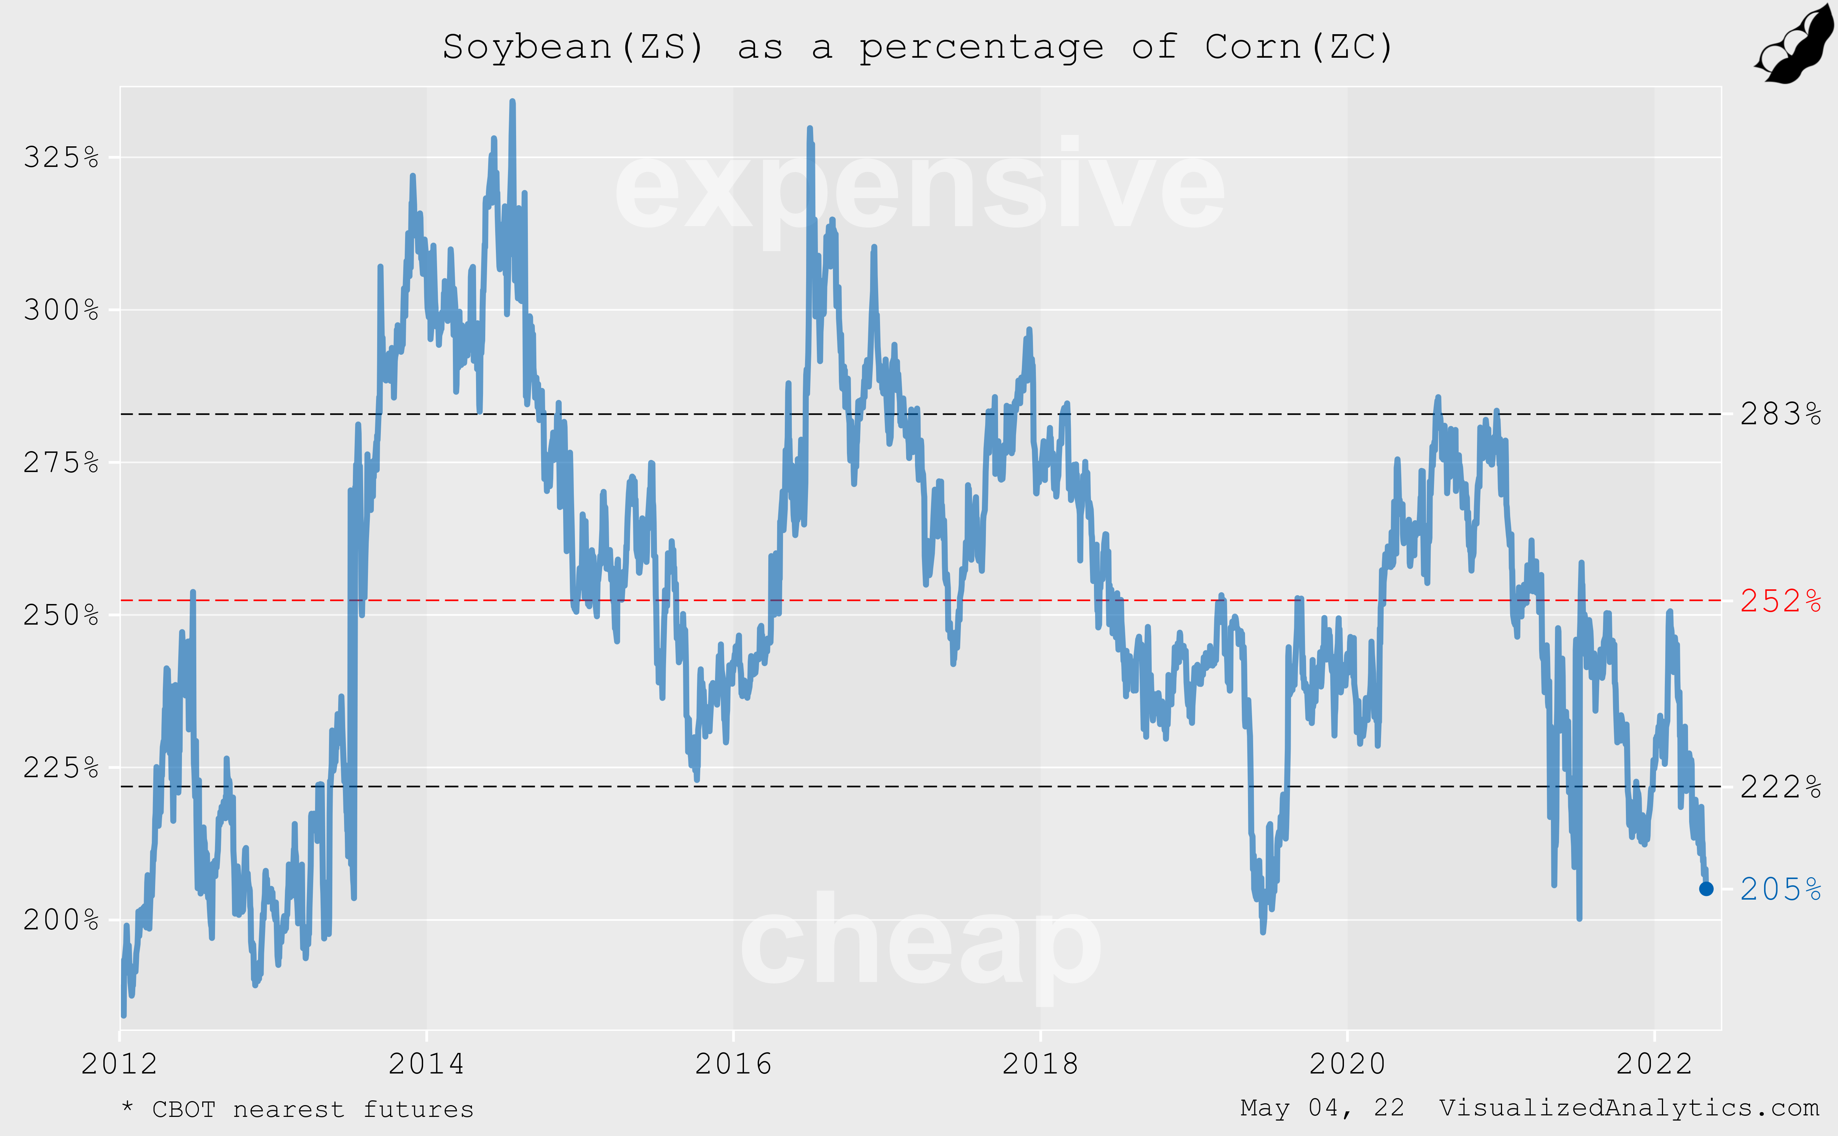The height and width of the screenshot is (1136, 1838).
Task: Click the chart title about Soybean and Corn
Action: point(918,47)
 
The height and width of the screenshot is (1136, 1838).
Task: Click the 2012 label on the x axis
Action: point(119,1064)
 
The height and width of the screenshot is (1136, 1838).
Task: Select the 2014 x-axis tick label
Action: point(426,1064)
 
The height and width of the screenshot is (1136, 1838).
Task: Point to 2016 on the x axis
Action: point(733,1064)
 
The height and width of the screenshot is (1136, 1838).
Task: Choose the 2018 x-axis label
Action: point(1040,1064)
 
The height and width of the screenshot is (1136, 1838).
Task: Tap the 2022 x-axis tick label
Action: point(1654,1064)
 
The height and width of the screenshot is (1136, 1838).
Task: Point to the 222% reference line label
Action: point(1780,787)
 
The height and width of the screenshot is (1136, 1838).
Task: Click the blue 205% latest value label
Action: point(1780,890)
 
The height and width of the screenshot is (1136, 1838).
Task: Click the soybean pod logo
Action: point(1795,44)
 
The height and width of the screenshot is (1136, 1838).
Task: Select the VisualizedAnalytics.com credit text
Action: point(1628,1108)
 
